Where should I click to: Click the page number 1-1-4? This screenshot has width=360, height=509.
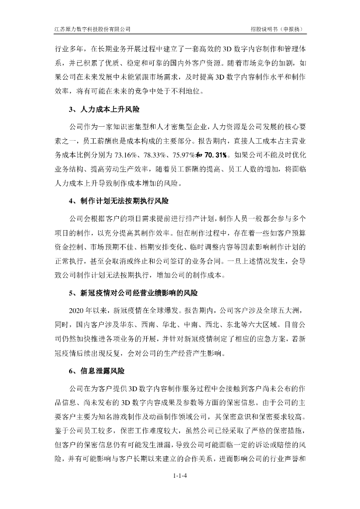(180, 476)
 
